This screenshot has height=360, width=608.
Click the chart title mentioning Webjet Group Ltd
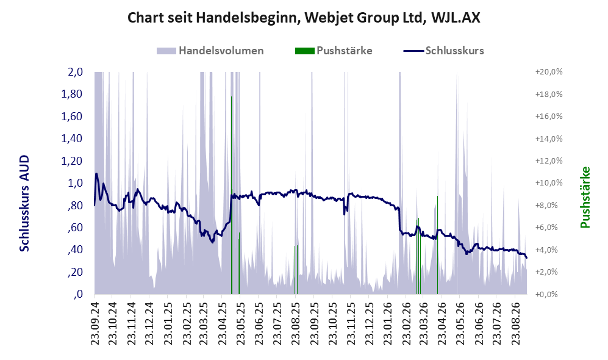click(x=304, y=18)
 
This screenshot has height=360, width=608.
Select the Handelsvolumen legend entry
click(x=210, y=51)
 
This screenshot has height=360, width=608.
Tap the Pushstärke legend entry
click(x=334, y=51)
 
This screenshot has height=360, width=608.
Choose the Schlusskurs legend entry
click(x=443, y=51)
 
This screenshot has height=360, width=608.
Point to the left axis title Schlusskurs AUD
click(x=24, y=203)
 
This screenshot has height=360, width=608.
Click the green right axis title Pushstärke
click(x=585, y=197)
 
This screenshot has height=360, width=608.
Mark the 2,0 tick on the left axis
click(x=75, y=72)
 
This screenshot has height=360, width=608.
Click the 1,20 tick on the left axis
click(x=72, y=160)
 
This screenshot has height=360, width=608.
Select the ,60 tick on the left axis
click(x=74, y=228)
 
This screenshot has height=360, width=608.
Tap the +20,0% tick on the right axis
click(x=549, y=72)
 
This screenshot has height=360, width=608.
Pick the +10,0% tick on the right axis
click(x=549, y=182)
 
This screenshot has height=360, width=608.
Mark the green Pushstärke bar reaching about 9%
click(x=437, y=245)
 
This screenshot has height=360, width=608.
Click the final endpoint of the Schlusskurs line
click(x=526, y=257)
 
